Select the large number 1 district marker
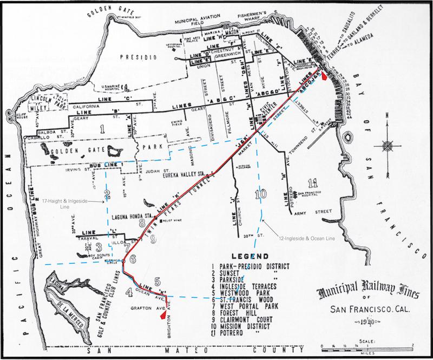102,128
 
